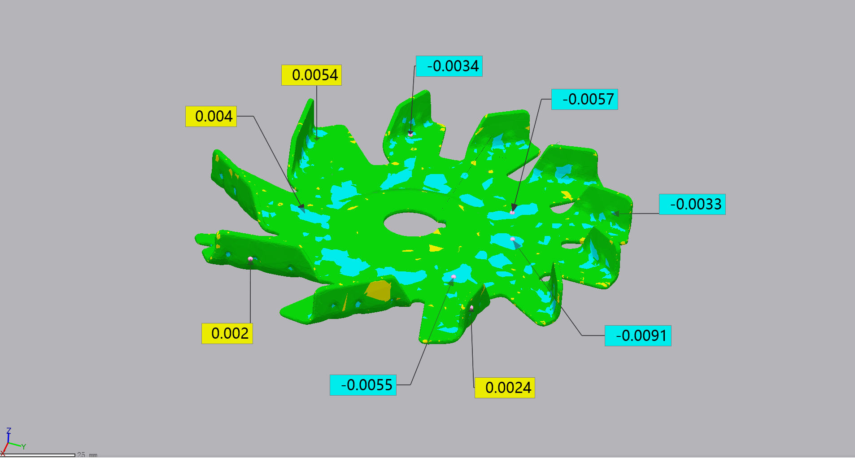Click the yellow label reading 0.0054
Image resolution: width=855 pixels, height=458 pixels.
coord(311,75)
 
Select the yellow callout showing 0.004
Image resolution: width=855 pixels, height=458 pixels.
coord(211,116)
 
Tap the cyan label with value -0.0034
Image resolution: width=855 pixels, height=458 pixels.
coord(449,66)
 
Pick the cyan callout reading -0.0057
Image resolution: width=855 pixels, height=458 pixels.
coord(585,99)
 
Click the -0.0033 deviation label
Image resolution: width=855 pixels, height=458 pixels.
coord(692,204)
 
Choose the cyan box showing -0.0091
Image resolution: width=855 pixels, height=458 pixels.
coord(638,336)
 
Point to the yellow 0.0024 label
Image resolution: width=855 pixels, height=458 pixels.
coord(505,388)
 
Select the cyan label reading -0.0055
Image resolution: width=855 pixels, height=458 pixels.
coord(363,385)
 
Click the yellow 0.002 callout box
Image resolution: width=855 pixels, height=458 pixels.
coord(227,333)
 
